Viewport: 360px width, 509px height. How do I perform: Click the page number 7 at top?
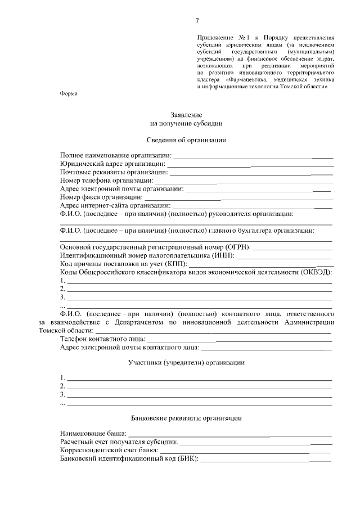click(197, 21)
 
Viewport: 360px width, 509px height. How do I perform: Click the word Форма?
click(69, 93)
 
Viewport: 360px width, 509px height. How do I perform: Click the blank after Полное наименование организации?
click(253, 155)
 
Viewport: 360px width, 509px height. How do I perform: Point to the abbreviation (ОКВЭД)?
click(315, 272)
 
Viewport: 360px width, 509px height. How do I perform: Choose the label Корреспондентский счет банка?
click(110, 451)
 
